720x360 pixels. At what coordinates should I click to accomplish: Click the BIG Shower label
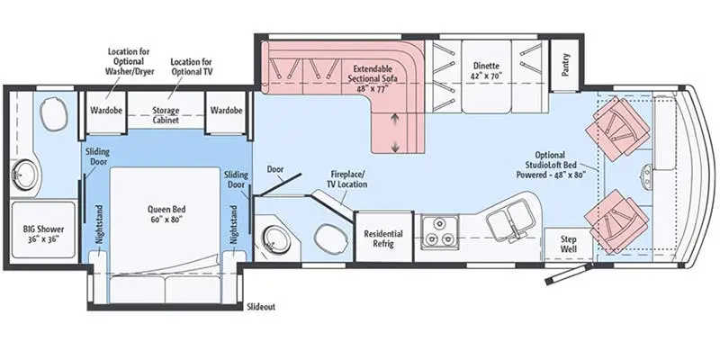[43, 234]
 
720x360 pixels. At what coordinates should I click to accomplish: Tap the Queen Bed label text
[166, 213]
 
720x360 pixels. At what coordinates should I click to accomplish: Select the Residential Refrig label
[383, 238]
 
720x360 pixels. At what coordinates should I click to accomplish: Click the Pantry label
[566, 65]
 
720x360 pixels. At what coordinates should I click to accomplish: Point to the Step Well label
[569, 244]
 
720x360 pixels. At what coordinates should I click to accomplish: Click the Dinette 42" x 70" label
[486, 71]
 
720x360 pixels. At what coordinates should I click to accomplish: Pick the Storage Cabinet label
[166, 115]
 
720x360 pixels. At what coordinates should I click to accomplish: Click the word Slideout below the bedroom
[261, 307]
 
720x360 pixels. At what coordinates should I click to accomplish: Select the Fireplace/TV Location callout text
[349, 179]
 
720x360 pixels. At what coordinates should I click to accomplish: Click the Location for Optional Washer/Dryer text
[129, 61]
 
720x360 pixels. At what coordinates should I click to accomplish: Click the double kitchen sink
[508, 218]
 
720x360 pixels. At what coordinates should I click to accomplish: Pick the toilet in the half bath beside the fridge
[328, 237]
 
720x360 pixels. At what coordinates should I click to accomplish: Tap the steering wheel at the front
[646, 175]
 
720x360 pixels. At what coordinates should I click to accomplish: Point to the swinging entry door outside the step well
[569, 274]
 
